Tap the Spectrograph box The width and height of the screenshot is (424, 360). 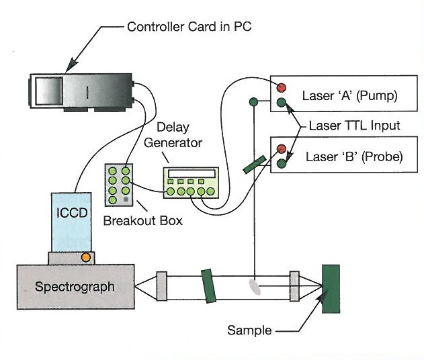(74, 287)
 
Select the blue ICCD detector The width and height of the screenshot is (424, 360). (71, 222)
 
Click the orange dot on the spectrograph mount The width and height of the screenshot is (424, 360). (86, 257)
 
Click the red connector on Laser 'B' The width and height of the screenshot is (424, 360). (281, 149)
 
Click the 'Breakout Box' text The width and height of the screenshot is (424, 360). (142, 220)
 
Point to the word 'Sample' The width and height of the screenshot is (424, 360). (249, 330)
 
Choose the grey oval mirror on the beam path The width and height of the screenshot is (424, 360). (253, 285)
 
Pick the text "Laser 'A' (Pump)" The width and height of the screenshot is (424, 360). (350, 95)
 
